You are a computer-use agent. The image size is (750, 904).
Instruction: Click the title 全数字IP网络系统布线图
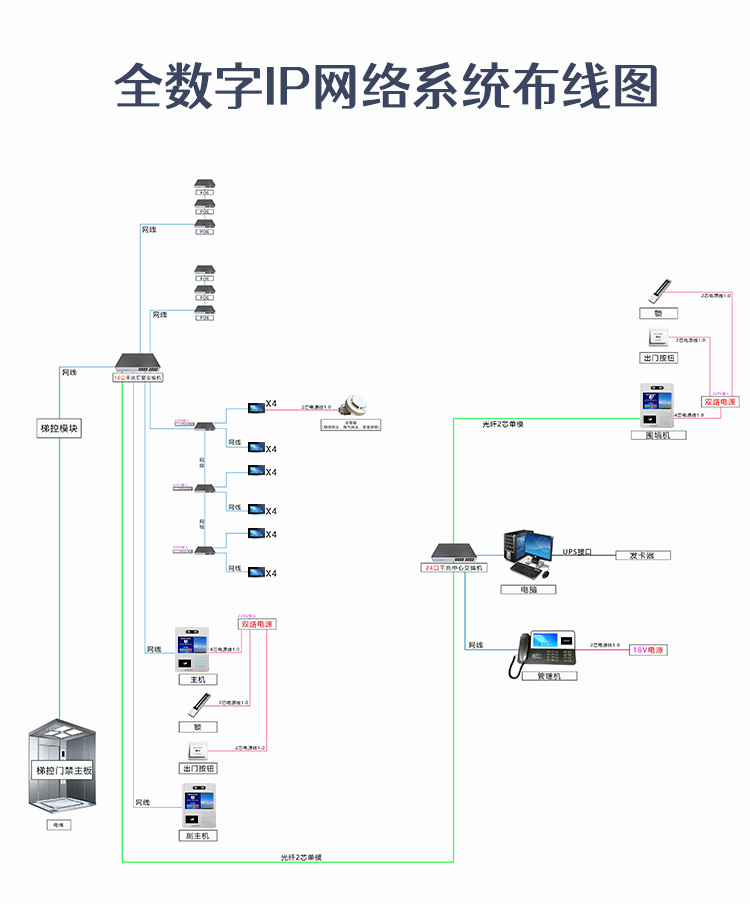click(x=387, y=87)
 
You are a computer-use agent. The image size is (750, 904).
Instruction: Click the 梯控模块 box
click(x=58, y=429)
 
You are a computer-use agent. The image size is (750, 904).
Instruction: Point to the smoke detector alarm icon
click(x=351, y=405)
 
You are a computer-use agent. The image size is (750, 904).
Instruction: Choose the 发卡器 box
click(x=642, y=555)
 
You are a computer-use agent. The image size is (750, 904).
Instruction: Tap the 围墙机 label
click(x=658, y=435)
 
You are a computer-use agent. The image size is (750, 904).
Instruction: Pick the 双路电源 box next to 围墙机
click(x=718, y=402)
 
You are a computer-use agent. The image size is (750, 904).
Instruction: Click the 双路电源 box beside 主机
click(x=255, y=624)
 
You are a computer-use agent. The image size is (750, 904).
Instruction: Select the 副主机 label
click(x=197, y=835)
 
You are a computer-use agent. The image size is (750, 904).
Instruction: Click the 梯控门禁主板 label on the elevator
click(x=63, y=770)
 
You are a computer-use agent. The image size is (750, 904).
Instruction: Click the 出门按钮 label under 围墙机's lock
click(x=658, y=357)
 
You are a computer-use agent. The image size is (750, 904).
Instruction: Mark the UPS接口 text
click(x=577, y=551)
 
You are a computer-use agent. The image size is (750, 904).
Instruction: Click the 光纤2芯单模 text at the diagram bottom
click(x=301, y=858)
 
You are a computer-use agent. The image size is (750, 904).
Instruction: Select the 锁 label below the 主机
click(x=197, y=727)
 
